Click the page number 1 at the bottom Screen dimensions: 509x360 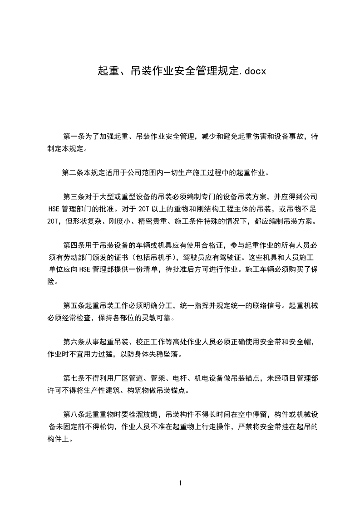(x=180, y=483)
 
